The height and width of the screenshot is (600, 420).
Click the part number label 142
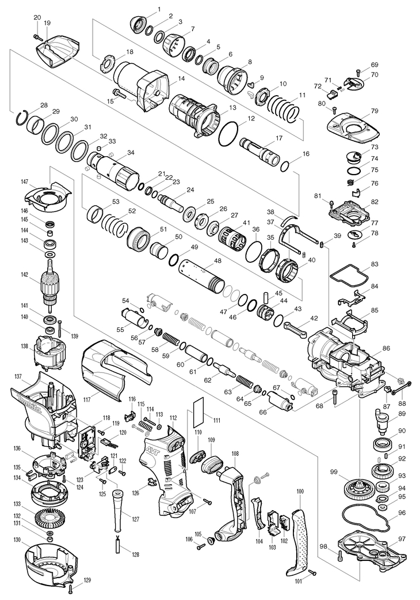pyautogui.click(x=25, y=274)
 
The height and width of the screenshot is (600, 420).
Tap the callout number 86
pyautogui.click(x=386, y=348)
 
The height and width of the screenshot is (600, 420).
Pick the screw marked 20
pyautogui.click(x=37, y=37)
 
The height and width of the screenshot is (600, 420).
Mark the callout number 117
pyautogui.click(x=87, y=400)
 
